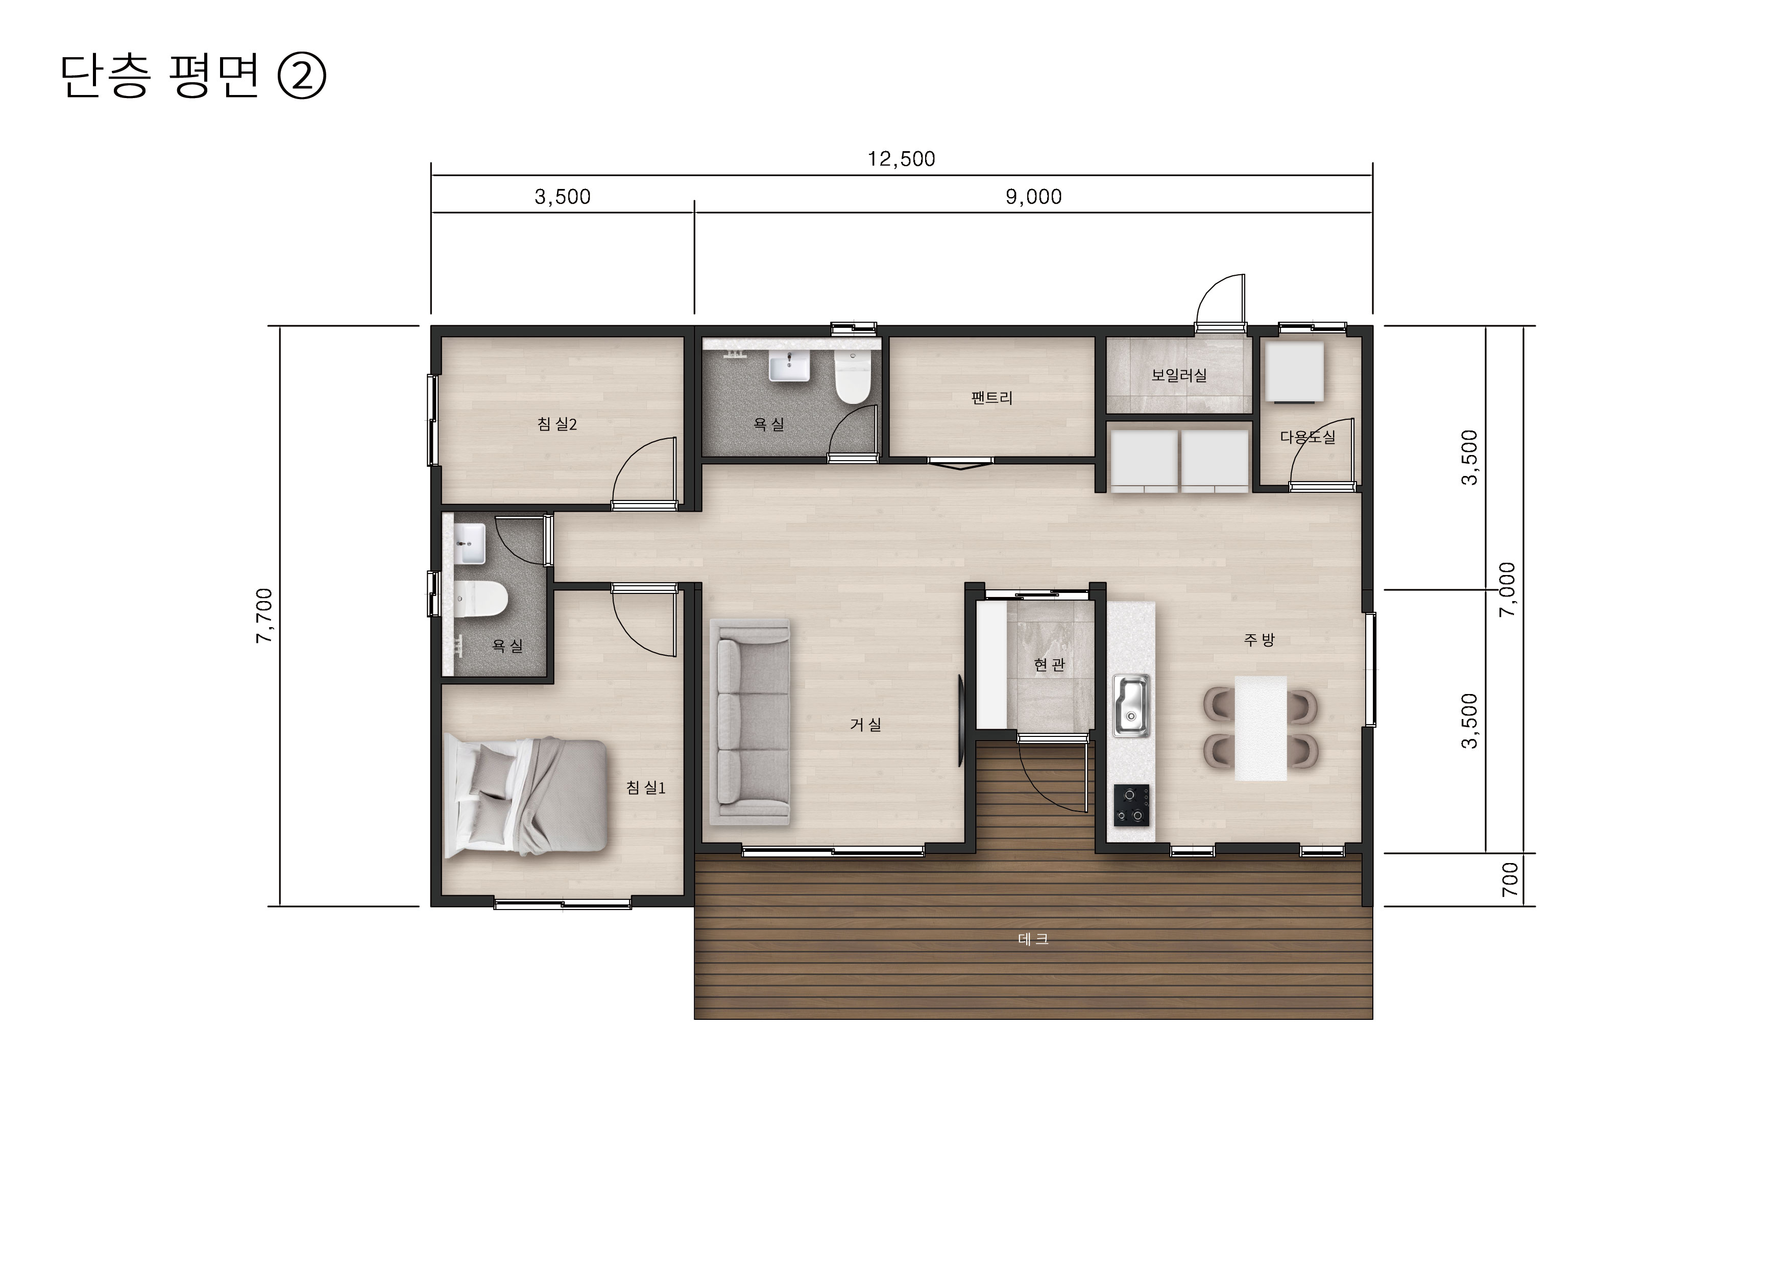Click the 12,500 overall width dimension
(x=901, y=159)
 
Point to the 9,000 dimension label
(x=1033, y=197)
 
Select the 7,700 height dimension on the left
(x=264, y=615)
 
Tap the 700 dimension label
(x=1510, y=879)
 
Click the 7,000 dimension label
(x=1507, y=590)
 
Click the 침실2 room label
(x=557, y=424)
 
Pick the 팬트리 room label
(x=991, y=398)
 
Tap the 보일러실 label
(x=1179, y=375)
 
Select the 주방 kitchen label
(x=1259, y=639)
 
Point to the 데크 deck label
(x=1033, y=939)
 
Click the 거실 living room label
(x=865, y=725)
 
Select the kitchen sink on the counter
(x=1131, y=705)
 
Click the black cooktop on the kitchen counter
(x=1131, y=805)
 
